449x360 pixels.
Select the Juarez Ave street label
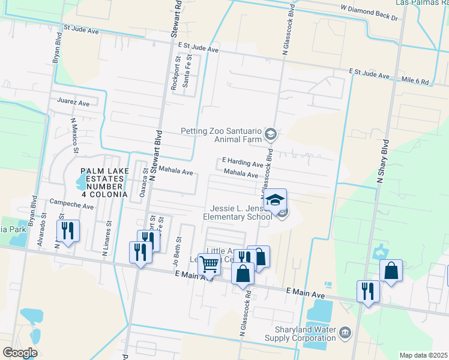pos(73,103)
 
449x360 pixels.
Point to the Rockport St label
pos(176,74)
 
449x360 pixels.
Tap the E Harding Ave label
pos(243,163)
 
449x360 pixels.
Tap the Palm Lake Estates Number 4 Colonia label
pos(104,183)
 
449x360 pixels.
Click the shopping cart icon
pos(209,263)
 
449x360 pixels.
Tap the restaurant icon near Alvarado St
pos(67,231)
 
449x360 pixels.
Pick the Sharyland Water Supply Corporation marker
pos(345,332)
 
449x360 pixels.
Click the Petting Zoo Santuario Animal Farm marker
pos(270,134)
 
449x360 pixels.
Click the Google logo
pos(20,352)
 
